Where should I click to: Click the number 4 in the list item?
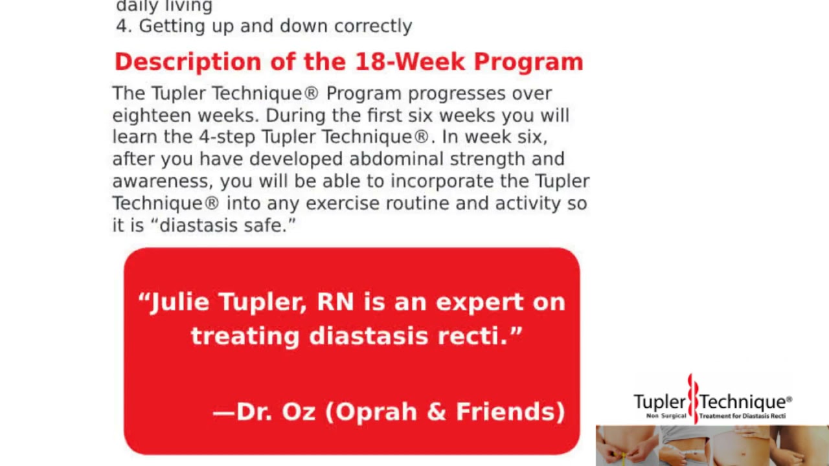tap(122, 26)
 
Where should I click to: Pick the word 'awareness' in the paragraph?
tap(161, 181)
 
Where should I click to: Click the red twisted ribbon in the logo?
tap(692, 396)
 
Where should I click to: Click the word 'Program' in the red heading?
tap(528, 62)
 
